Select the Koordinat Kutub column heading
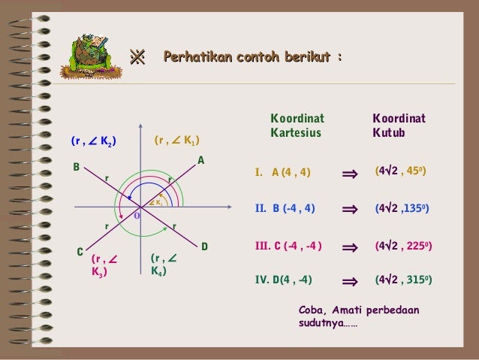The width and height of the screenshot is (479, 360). pyautogui.click(x=399, y=126)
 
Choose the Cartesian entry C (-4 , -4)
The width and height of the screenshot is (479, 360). pyautogui.click(x=288, y=246)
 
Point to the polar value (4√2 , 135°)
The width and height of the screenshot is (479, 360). pyautogui.click(x=402, y=209)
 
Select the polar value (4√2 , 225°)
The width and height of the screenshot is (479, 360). pyautogui.click(x=403, y=246)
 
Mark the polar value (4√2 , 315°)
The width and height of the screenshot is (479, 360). pyautogui.click(x=403, y=280)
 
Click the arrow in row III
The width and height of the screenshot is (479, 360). pyautogui.click(x=349, y=247)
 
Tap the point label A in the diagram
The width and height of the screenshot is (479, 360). pyautogui.click(x=201, y=161)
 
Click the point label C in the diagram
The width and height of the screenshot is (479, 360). pyautogui.click(x=80, y=253)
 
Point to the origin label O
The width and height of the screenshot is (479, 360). pyautogui.click(x=137, y=216)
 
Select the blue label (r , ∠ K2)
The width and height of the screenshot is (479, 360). pyautogui.click(x=93, y=140)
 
